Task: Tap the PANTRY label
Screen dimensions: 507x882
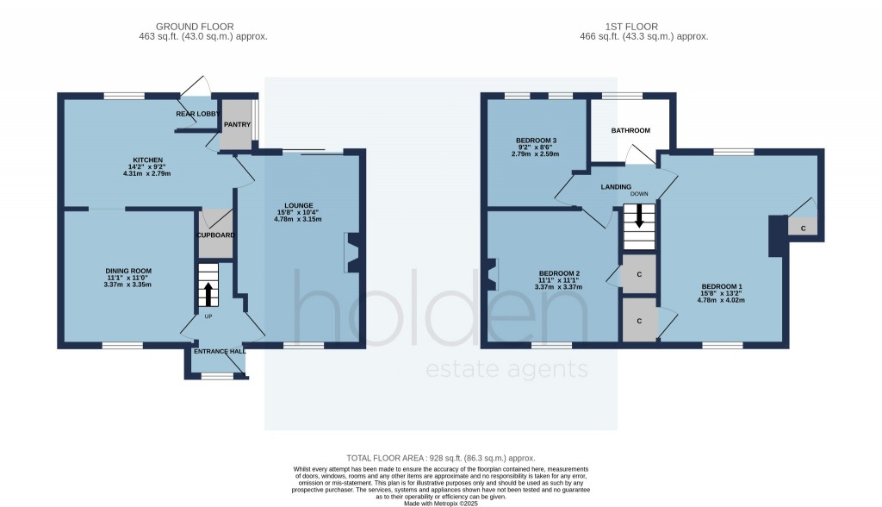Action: [237, 124]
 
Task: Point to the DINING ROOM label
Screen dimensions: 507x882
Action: [127, 271]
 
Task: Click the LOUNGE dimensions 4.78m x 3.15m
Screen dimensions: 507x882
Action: [299, 219]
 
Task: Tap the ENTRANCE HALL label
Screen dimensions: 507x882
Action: [219, 352]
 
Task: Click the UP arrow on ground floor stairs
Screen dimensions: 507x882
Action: [208, 293]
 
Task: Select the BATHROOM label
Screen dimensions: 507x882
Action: [630, 130]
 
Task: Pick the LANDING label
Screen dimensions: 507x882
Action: [616, 187]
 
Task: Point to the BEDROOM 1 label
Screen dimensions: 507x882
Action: [722, 286]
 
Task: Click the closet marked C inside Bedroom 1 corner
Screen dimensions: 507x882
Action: [803, 228]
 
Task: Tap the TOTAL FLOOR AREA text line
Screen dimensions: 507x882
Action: [440, 457]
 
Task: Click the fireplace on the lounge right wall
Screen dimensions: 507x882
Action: [354, 252]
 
